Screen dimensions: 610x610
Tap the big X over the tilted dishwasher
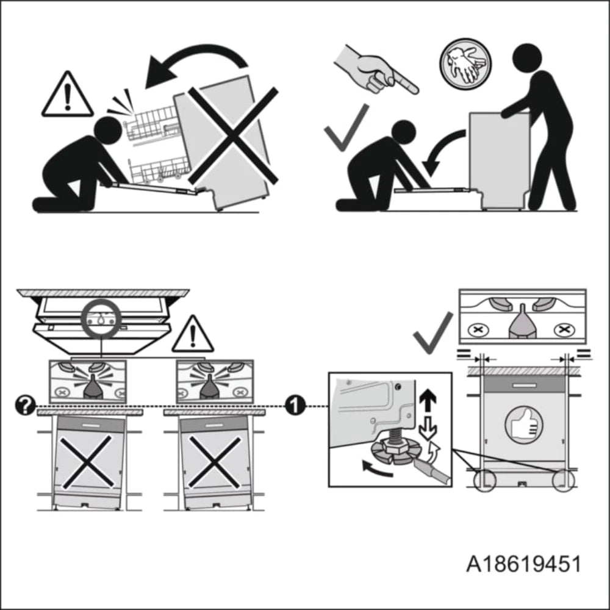(232, 135)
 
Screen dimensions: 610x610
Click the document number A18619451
(523, 564)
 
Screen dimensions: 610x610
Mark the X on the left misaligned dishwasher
(87, 461)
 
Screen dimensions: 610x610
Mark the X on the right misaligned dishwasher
(214, 461)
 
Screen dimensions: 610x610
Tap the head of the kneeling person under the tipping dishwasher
(107, 131)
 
